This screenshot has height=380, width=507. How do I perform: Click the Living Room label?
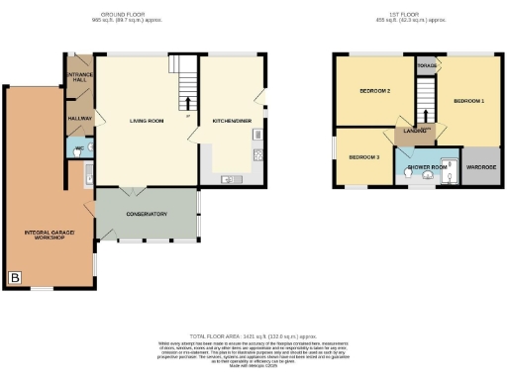tap(146, 121)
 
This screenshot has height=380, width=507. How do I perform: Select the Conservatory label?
tap(146, 214)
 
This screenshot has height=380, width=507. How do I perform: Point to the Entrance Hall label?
tap(79, 78)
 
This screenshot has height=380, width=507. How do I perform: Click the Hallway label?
tap(79, 118)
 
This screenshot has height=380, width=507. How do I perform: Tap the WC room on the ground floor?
tap(79, 148)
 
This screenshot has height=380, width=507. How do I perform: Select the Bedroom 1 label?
tap(468, 101)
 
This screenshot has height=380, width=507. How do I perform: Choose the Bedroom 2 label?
tap(372, 92)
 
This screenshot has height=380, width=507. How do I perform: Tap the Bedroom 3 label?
tap(363, 157)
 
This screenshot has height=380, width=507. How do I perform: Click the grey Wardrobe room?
tap(481, 166)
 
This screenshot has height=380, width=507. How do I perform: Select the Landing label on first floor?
tap(415, 131)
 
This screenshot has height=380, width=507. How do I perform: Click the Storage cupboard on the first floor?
tap(427, 66)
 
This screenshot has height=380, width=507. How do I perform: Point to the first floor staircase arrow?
tap(426, 99)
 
